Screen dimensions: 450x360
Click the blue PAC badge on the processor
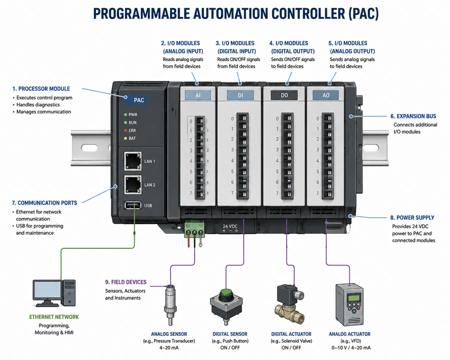(136, 100)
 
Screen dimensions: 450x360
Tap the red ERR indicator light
(126, 130)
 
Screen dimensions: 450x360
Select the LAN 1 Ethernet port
(133, 161)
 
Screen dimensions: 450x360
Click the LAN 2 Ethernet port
(133, 185)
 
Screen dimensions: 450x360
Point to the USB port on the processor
(133, 205)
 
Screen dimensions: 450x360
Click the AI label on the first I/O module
(198, 95)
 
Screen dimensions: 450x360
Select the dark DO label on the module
(284, 95)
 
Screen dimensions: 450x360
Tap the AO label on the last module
(326, 95)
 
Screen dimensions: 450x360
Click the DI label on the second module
(240, 95)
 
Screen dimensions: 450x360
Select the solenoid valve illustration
(289, 304)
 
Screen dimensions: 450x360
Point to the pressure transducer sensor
(171, 305)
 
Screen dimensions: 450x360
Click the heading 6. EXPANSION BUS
(413, 116)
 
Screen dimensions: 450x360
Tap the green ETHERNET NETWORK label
(54, 317)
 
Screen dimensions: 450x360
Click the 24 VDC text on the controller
(230, 226)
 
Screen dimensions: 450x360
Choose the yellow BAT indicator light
(126, 138)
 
